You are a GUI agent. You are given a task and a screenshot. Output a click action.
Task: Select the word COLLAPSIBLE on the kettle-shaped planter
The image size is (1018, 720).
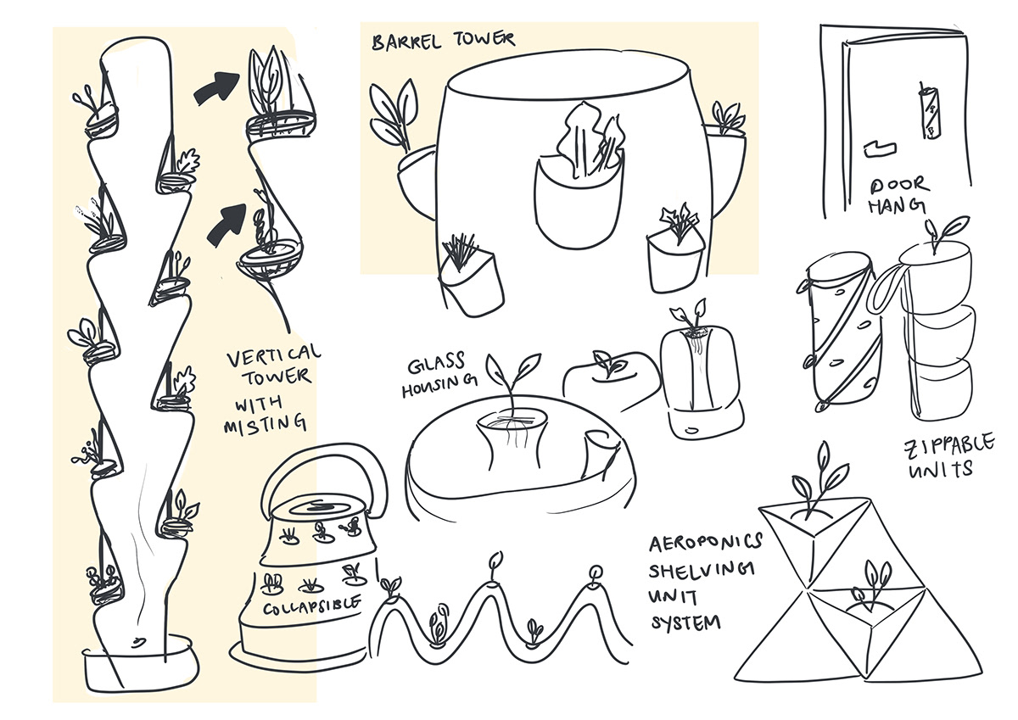(309, 607)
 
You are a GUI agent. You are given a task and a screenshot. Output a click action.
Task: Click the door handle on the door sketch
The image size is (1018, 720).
(879, 145)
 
